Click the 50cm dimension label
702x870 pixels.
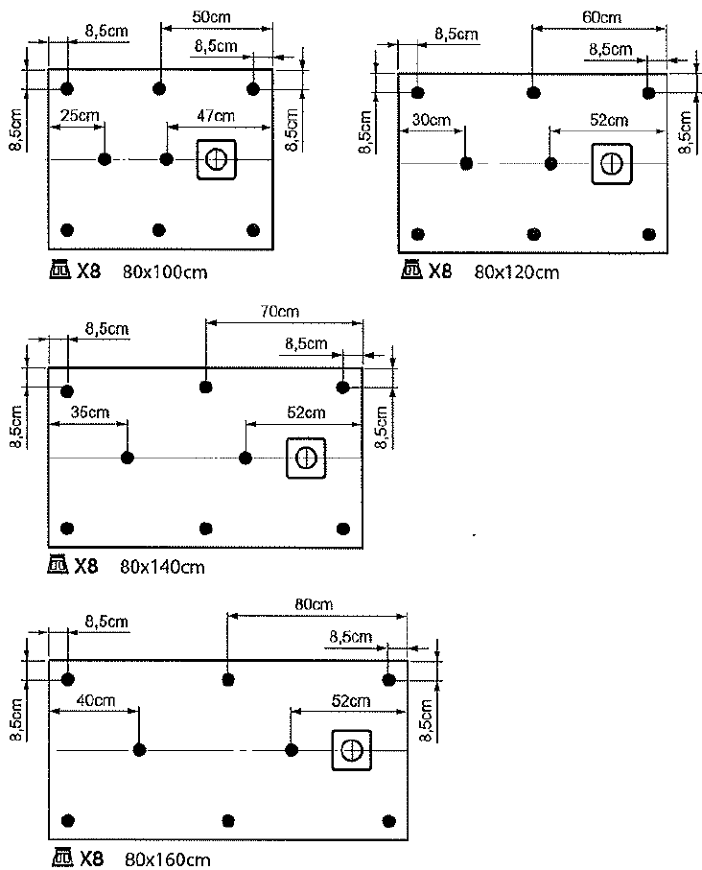tap(211, 17)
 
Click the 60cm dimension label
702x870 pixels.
tap(601, 18)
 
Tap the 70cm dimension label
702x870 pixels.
tap(280, 312)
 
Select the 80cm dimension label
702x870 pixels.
tap(315, 604)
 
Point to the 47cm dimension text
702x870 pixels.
tap(216, 116)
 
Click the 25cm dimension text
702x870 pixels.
tap(80, 116)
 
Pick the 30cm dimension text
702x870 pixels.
tap(432, 120)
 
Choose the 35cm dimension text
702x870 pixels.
tap(90, 412)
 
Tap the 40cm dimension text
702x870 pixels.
tap(96, 701)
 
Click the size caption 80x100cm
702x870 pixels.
tap(165, 272)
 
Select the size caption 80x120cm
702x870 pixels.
tap(517, 272)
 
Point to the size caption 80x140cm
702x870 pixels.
tap(162, 567)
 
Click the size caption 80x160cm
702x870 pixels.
tap(168, 860)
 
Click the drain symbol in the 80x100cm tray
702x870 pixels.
tap(217, 160)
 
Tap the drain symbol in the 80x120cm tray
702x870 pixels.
tap(612, 164)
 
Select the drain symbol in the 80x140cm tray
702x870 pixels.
tap(306, 459)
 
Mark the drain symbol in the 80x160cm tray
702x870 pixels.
tap(351, 750)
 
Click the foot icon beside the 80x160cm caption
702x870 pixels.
tap(61, 858)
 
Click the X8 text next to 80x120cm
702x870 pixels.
tap(440, 271)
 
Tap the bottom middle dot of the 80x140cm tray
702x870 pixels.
tap(206, 529)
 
